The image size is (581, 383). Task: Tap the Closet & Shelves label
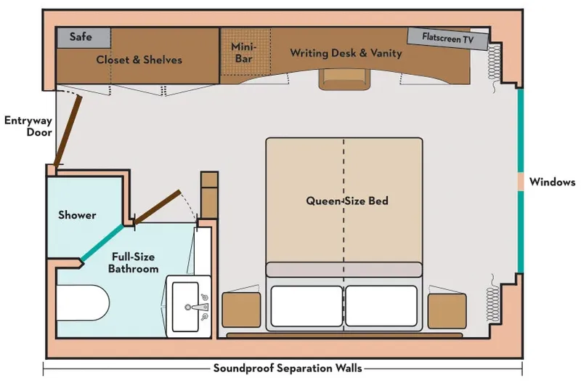tap(139, 60)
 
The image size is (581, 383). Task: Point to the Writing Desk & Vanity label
tap(346, 53)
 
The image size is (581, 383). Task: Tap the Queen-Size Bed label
tap(346, 201)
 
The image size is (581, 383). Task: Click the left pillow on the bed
tap(306, 305)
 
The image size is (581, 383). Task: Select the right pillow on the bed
tap(382, 305)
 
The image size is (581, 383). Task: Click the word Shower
tap(77, 215)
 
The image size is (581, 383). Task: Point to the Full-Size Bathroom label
tap(134, 262)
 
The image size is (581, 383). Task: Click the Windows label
tap(552, 182)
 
